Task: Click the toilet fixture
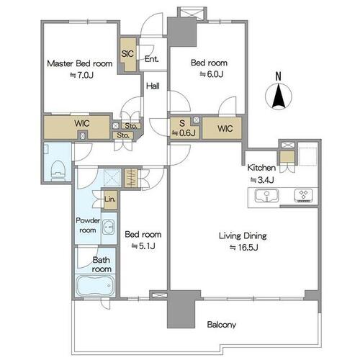coord(58,170)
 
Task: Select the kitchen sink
coord(266,195)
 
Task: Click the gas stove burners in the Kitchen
coord(303,195)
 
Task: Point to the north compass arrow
coord(279,96)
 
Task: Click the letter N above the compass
coord(278,76)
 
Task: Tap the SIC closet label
coord(127,54)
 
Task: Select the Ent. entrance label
coord(152,59)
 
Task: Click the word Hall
coord(153,86)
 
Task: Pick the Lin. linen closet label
coord(110,199)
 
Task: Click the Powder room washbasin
coord(109,227)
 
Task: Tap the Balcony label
coord(222,325)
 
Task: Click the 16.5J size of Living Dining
coord(244,248)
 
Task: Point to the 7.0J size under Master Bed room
coord(81,76)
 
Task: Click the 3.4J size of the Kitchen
coord(262,180)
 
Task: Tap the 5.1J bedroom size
coord(143,246)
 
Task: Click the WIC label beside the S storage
coord(225,129)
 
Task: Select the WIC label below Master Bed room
coord(82,123)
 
